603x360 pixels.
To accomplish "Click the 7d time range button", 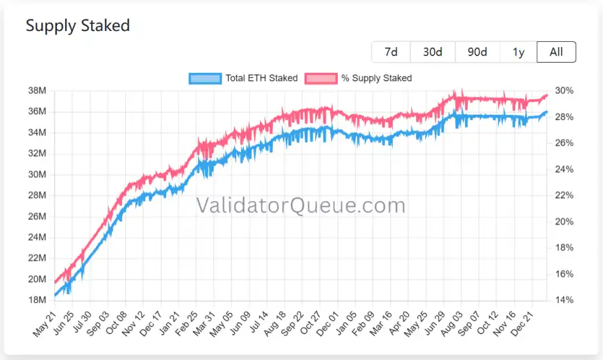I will pyautogui.click(x=391, y=52).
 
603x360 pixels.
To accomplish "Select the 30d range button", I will pyautogui.click(x=433, y=52).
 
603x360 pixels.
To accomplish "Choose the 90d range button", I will pyautogui.click(x=477, y=52).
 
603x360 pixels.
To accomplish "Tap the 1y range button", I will pyautogui.click(x=519, y=52).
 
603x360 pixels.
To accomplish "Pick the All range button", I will pyautogui.click(x=556, y=52).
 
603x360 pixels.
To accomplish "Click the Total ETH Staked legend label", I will pyautogui.click(x=261, y=78).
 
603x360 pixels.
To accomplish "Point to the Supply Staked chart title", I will pyautogui.click(x=77, y=26).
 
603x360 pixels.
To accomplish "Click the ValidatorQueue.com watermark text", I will pyautogui.click(x=301, y=206).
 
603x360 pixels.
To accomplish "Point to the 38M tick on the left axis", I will pyautogui.click(x=37, y=91).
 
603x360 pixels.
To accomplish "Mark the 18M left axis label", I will pyautogui.click(x=37, y=300).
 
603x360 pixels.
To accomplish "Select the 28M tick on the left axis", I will pyautogui.click(x=37, y=195).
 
